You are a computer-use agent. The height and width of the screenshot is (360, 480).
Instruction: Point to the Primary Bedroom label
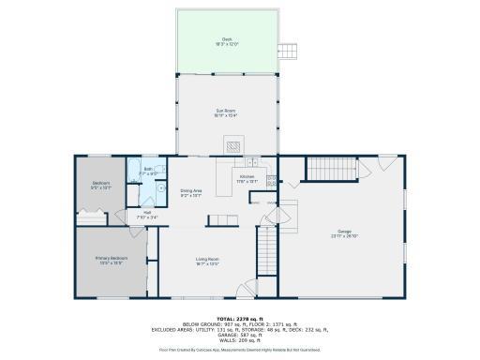click(112, 260)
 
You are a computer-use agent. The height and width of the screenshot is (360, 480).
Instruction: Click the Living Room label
click(207, 260)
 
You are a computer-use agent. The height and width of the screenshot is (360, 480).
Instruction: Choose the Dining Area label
click(191, 192)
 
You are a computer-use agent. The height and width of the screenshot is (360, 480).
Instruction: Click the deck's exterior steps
click(289, 50)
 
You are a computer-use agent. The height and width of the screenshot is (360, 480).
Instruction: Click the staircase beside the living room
click(268, 248)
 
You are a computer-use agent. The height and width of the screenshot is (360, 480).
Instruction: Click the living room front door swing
click(246, 290)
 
